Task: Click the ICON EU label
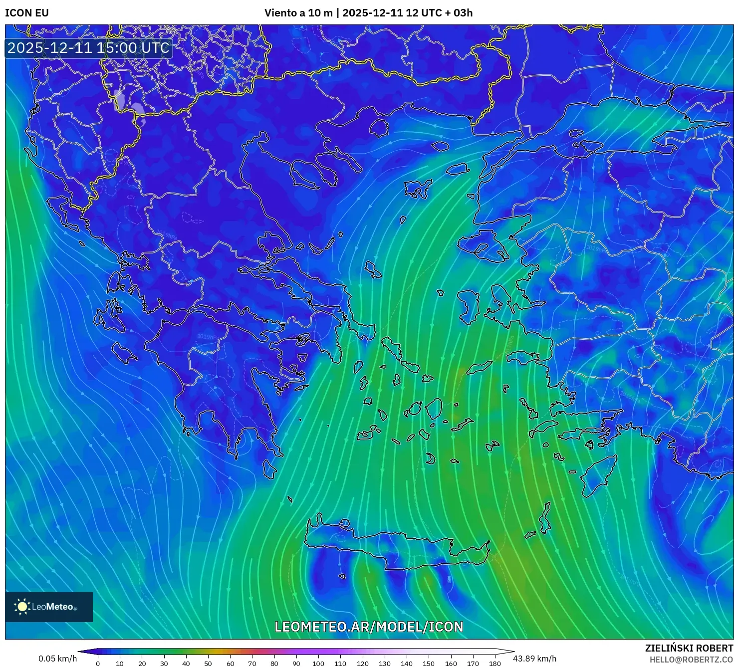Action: [x=27, y=13]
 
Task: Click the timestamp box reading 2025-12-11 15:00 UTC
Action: [x=88, y=48]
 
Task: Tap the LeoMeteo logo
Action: [x=48, y=607]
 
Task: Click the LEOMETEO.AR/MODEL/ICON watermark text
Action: [x=369, y=627]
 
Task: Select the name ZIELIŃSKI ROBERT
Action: [x=689, y=648]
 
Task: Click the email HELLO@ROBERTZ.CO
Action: [x=691, y=660]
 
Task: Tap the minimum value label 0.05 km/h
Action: [x=57, y=659]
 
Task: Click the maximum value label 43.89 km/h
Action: [x=534, y=659]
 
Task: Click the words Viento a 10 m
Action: [x=298, y=13]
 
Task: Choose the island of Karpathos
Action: [x=545, y=519]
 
